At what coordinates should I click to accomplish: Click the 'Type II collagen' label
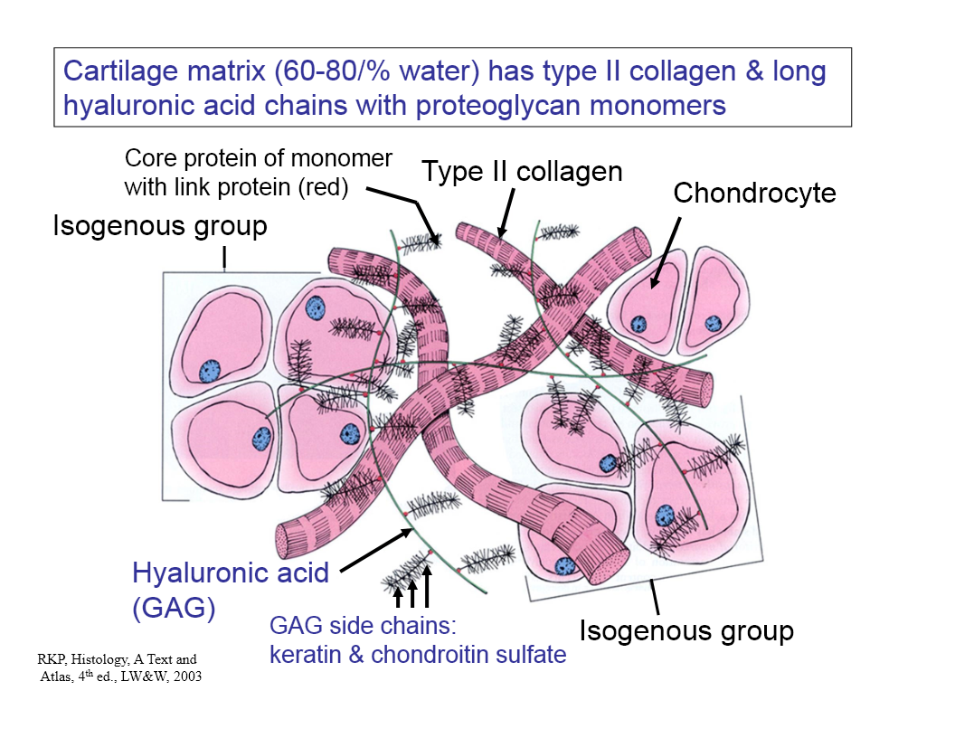523,171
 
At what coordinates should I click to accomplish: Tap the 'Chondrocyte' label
754,193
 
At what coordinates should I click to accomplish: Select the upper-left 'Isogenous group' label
160,225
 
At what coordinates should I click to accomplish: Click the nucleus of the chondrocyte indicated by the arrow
638,324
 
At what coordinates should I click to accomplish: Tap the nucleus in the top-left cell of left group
210,369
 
